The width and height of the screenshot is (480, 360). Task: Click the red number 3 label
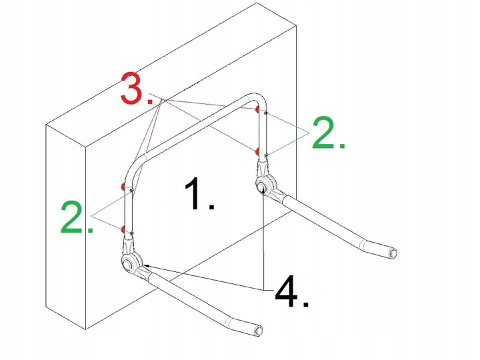tap(136, 89)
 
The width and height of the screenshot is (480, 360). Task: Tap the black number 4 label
tap(292, 291)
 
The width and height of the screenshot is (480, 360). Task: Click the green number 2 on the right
tap(329, 133)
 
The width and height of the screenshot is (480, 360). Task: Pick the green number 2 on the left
tap(77, 217)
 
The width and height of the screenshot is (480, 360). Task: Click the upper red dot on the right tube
tap(257, 109)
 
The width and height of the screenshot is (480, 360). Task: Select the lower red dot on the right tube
tap(257, 151)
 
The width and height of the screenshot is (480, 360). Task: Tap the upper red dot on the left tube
tap(123, 186)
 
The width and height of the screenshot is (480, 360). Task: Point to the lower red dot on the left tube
tap(123, 229)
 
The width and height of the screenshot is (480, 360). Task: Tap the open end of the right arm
tap(393, 253)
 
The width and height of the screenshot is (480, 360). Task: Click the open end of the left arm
tap(259, 331)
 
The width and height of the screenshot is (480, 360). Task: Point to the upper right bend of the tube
tap(259, 100)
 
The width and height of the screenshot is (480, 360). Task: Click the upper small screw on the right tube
tap(266, 113)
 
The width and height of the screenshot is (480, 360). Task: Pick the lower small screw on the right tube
tap(266, 155)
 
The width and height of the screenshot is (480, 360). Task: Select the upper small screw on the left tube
tap(131, 191)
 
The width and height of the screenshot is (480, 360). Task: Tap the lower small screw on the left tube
tap(132, 233)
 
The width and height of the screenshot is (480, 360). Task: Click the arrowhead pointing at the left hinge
tap(146, 266)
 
